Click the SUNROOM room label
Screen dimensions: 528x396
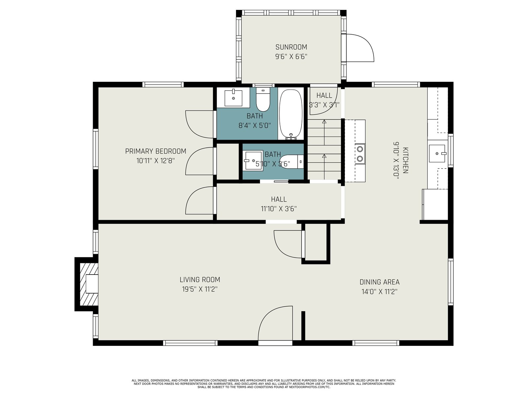[291, 47]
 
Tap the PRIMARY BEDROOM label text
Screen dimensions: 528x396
[156, 151]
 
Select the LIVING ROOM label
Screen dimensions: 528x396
[200, 280]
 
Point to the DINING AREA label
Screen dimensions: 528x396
[379, 282]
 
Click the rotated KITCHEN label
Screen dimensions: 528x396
[405, 160]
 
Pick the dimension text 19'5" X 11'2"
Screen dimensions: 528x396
[200, 289]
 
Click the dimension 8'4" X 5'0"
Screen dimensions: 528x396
[255, 125]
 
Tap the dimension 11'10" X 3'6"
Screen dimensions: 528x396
[279, 209]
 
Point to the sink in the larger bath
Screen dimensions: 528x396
[233, 98]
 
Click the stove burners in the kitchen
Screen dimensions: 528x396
[360, 154]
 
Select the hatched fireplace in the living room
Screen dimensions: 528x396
[89, 284]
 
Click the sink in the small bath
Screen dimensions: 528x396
[253, 161]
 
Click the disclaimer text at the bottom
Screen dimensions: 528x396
[264, 384]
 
